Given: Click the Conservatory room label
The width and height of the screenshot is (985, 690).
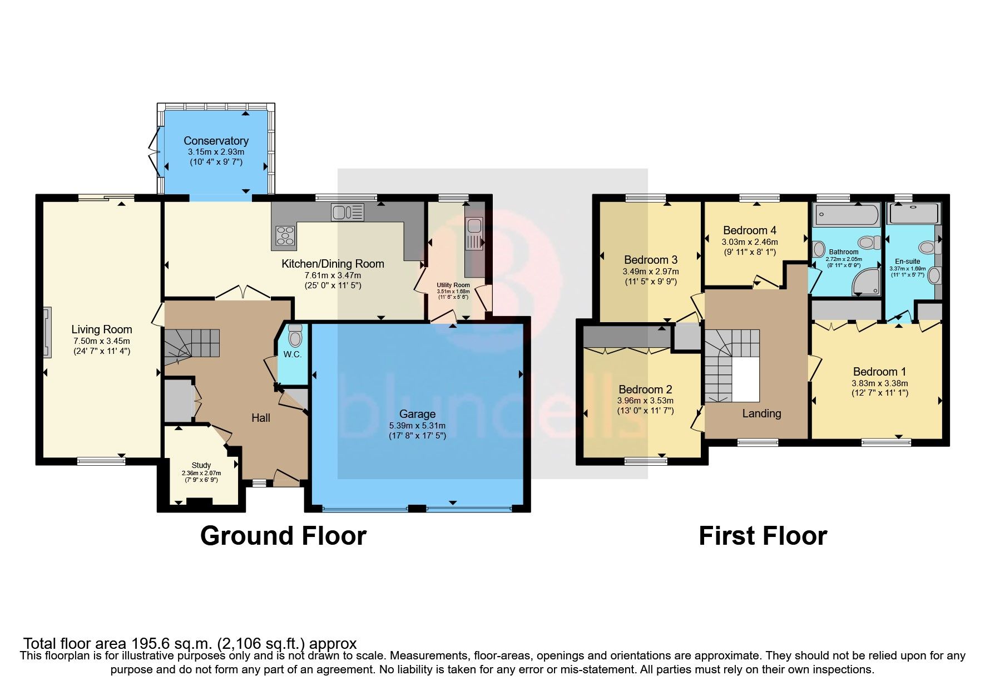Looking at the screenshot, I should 216,141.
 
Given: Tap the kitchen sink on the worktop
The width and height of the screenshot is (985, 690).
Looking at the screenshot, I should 347,211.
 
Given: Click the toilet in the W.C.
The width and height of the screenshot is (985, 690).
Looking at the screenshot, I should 295,337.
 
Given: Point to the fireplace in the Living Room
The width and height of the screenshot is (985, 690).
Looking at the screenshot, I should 48,332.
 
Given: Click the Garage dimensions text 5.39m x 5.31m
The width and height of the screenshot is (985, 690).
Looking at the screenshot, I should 417,426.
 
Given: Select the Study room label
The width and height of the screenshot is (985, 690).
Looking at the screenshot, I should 201,465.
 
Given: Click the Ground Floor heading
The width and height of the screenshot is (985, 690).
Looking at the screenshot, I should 283,536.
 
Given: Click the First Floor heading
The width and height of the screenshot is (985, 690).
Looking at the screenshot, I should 763,536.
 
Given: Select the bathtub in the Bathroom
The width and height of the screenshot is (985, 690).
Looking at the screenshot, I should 845,214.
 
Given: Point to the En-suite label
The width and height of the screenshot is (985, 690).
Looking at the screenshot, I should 907,261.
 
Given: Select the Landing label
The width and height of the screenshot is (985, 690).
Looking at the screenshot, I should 761,413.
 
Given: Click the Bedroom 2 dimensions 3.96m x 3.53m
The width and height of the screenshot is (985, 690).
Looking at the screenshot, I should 645,401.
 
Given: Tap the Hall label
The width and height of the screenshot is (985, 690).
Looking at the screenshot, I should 260,417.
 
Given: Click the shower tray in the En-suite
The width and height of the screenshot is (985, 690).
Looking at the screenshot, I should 913,214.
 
